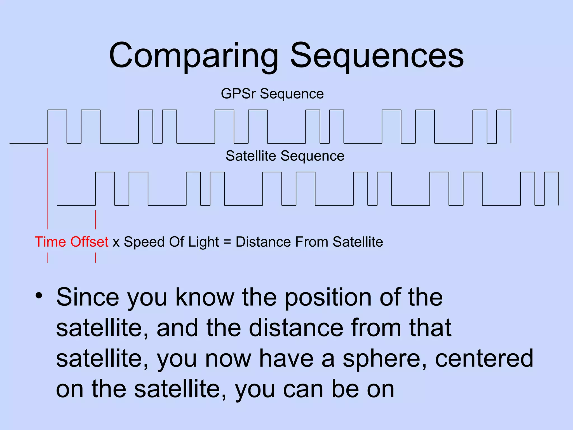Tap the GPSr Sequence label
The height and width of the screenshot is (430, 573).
point(272,94)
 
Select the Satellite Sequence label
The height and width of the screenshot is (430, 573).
point(285,156)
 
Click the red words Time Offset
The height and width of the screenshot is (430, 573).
point(71,242)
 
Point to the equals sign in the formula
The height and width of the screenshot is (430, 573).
point(227,242)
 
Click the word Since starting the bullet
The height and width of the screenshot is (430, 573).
point(88,297)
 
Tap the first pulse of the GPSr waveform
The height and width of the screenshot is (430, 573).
point(57,126)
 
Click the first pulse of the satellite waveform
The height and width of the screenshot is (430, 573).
point(105,188)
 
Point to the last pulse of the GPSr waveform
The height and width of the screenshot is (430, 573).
point(504,126)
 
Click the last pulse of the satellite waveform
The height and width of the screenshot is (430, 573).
point(551,188)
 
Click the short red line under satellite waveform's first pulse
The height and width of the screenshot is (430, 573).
point(96,219)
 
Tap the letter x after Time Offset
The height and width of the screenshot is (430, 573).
point(116,242)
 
